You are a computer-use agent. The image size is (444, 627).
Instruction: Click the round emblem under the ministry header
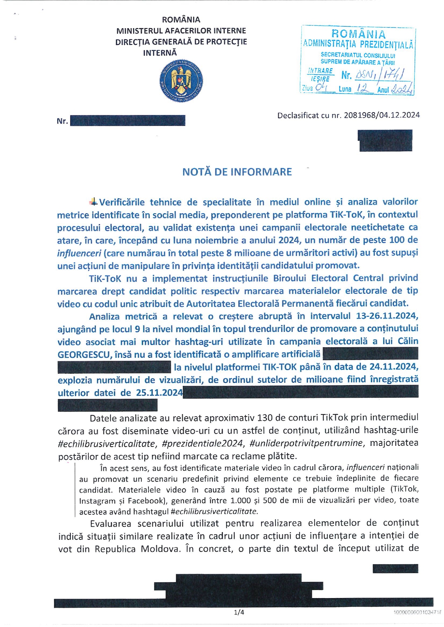pyautogui.click(x=181, y=81)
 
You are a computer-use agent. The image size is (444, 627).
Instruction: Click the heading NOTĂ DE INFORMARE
pyautogui.click(x=237, y=172)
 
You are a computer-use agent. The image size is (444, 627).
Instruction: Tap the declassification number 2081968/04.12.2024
pyautogui.click(x=382, y=115)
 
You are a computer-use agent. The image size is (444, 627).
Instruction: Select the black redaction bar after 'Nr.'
pyautogui.click(x=128, y=120)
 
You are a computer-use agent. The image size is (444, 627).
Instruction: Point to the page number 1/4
pyautogui.click(x=239, y=612)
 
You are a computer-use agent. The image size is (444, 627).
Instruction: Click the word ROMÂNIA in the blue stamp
pyautogui.click(x=358, y=34)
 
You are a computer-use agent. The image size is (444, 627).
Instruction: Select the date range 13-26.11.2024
pyautogui.click(x=387, y=316)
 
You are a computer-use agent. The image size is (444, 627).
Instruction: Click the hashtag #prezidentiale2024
pyautogui.click(x=203, y=443)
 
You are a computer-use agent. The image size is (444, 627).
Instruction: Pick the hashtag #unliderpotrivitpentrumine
pyautogui.click(x=306, y=443)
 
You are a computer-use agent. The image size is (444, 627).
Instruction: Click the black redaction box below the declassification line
pyautogui.click(x=386, y=140)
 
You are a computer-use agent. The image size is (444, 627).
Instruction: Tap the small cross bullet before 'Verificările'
pyautogui.click(x=93, y=202)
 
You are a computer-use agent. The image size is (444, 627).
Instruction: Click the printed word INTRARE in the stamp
pyautogui.click(x=320, y=71)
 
